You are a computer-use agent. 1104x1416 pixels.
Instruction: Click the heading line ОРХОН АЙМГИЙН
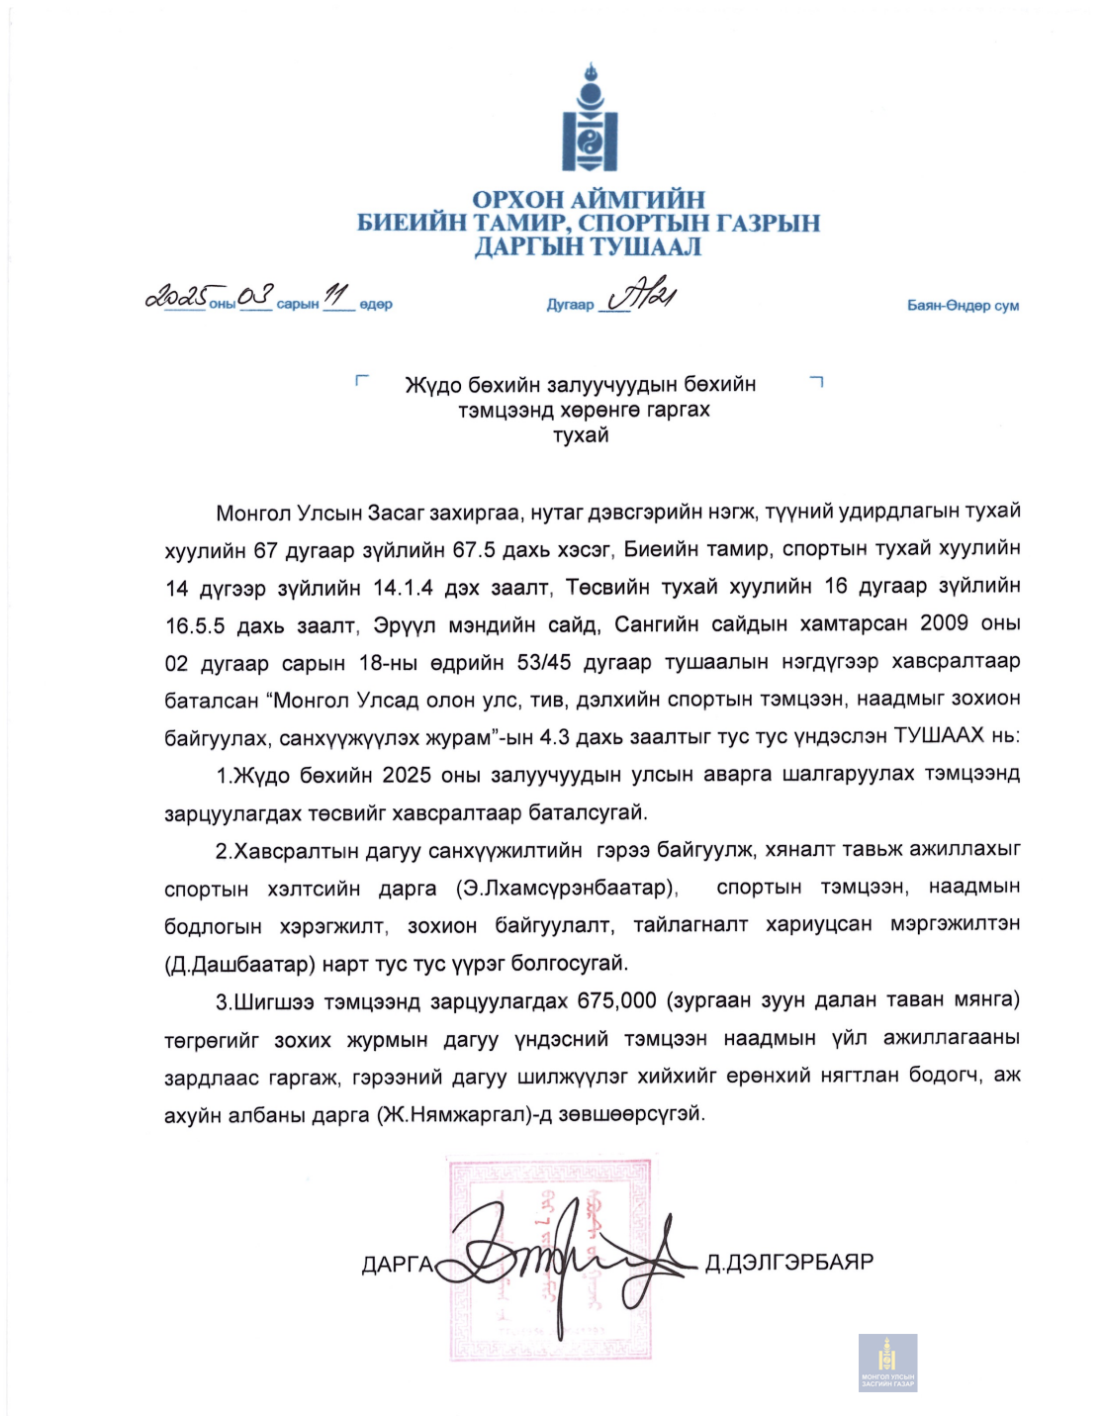click(x=589, y=200)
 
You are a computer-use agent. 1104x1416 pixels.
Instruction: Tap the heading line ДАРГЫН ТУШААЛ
click(x=589, y=247)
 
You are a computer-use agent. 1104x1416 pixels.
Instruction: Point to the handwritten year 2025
click(x=177, y=296)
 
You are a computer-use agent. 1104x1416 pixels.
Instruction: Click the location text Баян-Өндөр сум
click(x=963, y=305)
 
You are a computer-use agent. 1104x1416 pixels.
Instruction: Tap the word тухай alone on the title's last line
click(x=581, y=435)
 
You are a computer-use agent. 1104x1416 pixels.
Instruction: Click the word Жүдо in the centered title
click(x=433, y=384)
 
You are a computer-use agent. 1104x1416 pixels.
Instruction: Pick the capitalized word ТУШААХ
click(x=939, y=735)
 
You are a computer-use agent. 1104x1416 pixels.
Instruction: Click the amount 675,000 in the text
click(x=617, y=1000)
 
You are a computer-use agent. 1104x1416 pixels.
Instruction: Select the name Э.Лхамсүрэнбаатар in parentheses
click(x=568, y=888)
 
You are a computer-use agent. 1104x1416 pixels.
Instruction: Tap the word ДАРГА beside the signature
click(x=398, y=1265)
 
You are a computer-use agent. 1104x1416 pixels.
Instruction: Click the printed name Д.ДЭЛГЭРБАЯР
click(x=789, y=1263)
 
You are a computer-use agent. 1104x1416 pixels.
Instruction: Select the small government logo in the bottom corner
click(x=887, y=1363)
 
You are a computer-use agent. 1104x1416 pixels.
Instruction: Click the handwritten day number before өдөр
click(x=337, y=295)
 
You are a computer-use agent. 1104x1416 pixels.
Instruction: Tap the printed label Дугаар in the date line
click(x=570, y=305)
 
